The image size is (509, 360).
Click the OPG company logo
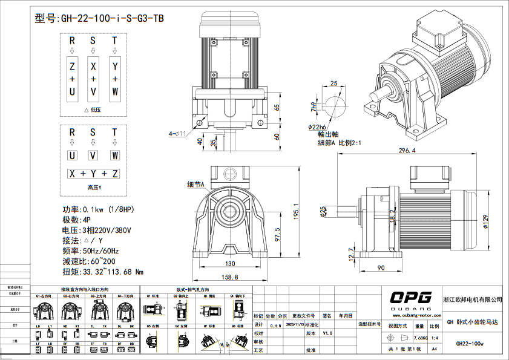[x=410, y=297]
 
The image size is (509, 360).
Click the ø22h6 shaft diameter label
[x=317, y=127]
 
